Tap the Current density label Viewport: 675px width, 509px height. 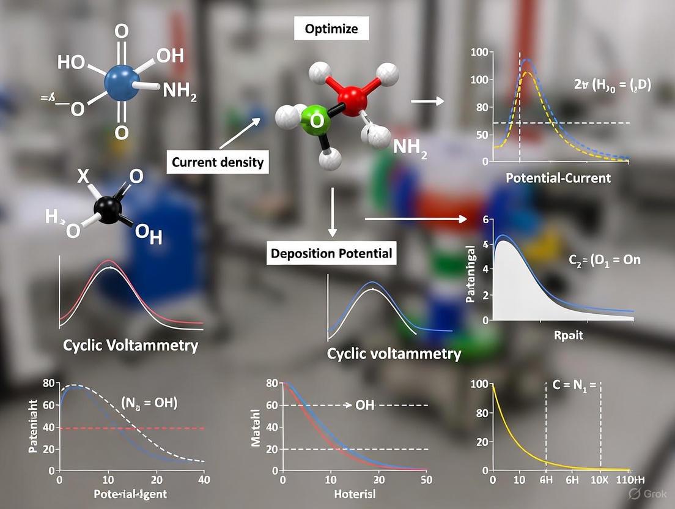pyautogui.click(x=218, y=162)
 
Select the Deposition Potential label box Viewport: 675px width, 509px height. pyautogui.click(x=331, y=253)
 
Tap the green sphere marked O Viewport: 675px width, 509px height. pyautogui.click(x=315, y=121)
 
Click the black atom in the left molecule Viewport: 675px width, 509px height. pyautogui.click(x=108, y=210)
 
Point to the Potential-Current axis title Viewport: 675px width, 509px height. pyautogui.click(x=558, y=178)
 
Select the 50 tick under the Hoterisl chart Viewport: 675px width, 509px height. pyautogui.click(x=427, y=480)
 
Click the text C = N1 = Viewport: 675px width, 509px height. pyautogui.click(x=572, y=385)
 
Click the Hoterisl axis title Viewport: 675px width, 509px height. pyautogui.click(x=355, y=494)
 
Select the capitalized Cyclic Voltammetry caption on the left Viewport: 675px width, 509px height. pyautogui.click(x=130, y=345)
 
